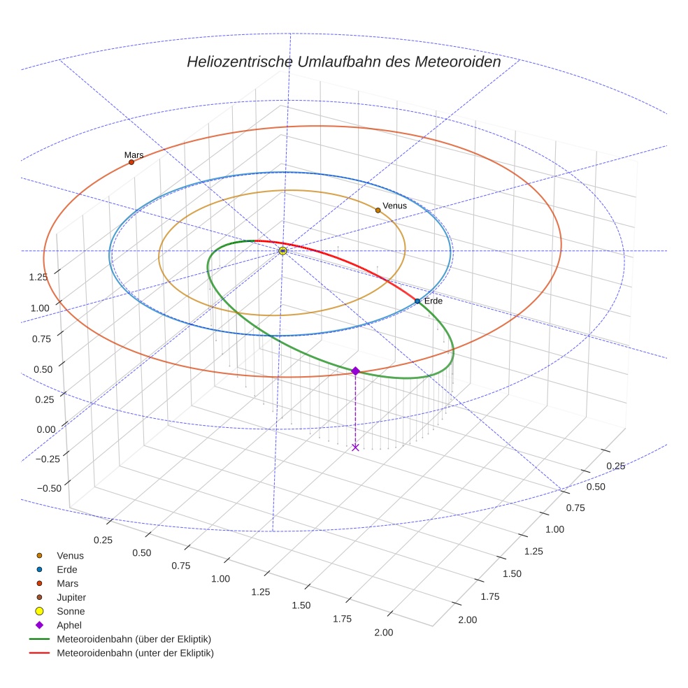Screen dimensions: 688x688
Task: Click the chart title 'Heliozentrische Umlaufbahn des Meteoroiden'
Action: [343, 62]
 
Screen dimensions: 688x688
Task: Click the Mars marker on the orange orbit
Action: [131, 162]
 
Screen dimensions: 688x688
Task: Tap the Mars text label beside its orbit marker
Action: [134, 155]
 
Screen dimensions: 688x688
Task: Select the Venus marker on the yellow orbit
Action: [378, 210]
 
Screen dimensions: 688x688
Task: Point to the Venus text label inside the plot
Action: [394, 206]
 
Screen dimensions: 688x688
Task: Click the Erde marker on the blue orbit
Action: [417, 301]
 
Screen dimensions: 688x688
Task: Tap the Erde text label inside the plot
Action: [433, 301]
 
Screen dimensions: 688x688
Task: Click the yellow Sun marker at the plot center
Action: [282, 250]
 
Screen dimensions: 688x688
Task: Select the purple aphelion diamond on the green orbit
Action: [355, 371]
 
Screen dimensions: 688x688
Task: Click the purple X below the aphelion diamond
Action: [355, 447]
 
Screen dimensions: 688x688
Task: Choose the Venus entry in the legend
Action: [70, 556]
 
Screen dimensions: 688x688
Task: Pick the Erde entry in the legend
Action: [67, 570]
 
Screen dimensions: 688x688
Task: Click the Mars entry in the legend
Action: [67, 583]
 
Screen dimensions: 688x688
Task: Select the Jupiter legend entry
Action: [71, 597]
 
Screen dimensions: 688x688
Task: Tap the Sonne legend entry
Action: [71, 611]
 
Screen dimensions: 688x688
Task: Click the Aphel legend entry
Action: [69, 625]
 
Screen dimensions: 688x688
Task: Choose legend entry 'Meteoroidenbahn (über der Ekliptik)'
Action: [134, 639]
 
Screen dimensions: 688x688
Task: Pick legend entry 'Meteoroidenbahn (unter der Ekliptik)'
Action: [135, 653]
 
